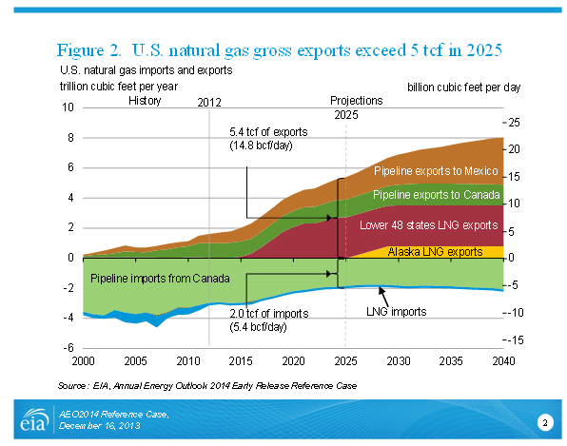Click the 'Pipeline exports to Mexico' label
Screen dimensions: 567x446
[x=436, y=170]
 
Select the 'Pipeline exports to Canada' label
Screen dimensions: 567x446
[x=436, y=195]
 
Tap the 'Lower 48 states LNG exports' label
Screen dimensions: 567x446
[x=428, y=225]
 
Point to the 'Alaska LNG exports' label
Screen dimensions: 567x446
[x=435, y=252]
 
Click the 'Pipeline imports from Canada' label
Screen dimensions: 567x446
[x=160, y=279]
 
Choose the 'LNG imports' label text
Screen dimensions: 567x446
[x=397, y=312]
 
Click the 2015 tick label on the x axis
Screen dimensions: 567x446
[x=241, y=360]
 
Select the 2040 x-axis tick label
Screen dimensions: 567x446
[x=503, y=360]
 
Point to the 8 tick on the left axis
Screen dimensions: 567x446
[x=70, y=137]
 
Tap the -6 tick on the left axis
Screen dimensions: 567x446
[x=68, y=348]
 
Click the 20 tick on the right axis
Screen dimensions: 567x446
[x=514, y=149]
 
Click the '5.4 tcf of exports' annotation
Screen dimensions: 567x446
[x=268, y=132]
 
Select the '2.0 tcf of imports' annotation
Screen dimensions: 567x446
[x=269, y=314]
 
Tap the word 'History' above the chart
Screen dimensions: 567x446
[x=145, y=101]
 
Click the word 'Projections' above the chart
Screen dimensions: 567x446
[x=357, y=101]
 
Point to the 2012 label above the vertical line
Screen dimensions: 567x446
[x=209, y=103]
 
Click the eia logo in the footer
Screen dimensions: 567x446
[x=34, y=419]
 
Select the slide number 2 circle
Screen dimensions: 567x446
[x=545, y=423]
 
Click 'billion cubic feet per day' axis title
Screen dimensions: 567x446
[x=463, y=87]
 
